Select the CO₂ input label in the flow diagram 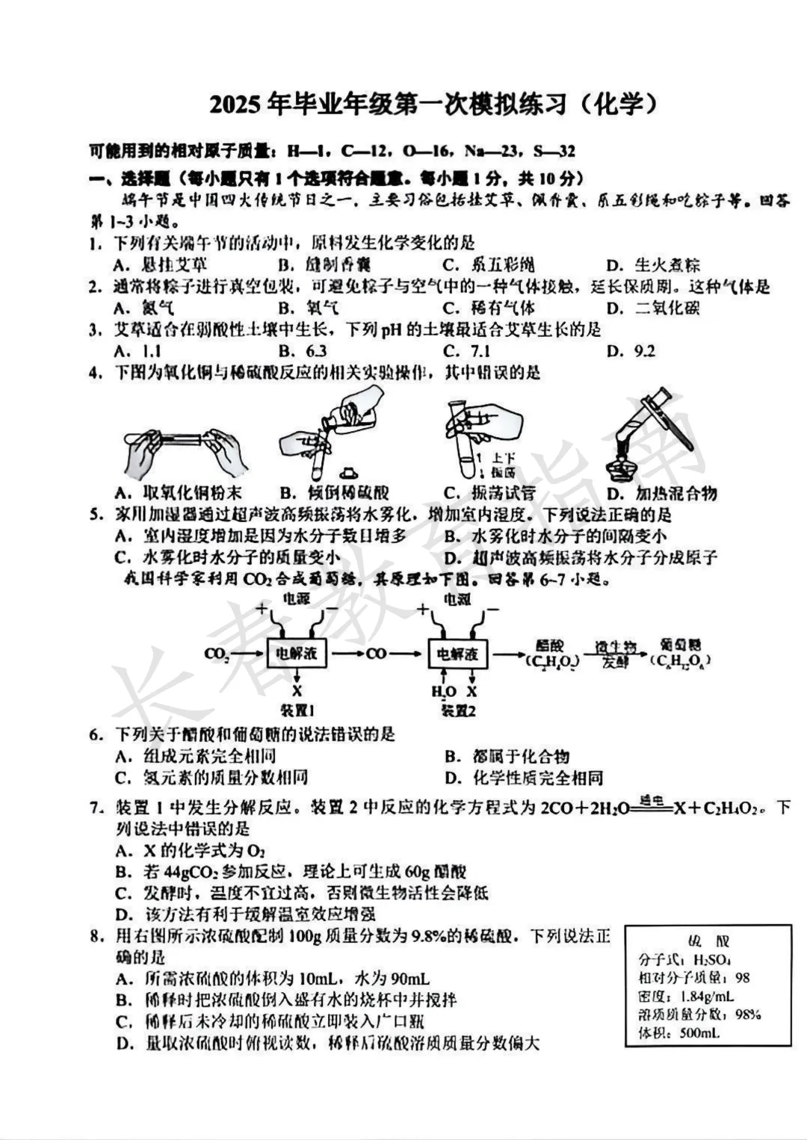click(x=216, y=654)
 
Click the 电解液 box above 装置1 click(x=297, y=654)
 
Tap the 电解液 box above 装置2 click(x=457, y=654)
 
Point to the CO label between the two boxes click(x=377, y=654)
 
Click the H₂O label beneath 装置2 click(x=443, y=692)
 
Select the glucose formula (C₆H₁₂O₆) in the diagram click(x=680, y=661)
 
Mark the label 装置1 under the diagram click(x=297, y=710)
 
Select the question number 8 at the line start click(x=95, y=937)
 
